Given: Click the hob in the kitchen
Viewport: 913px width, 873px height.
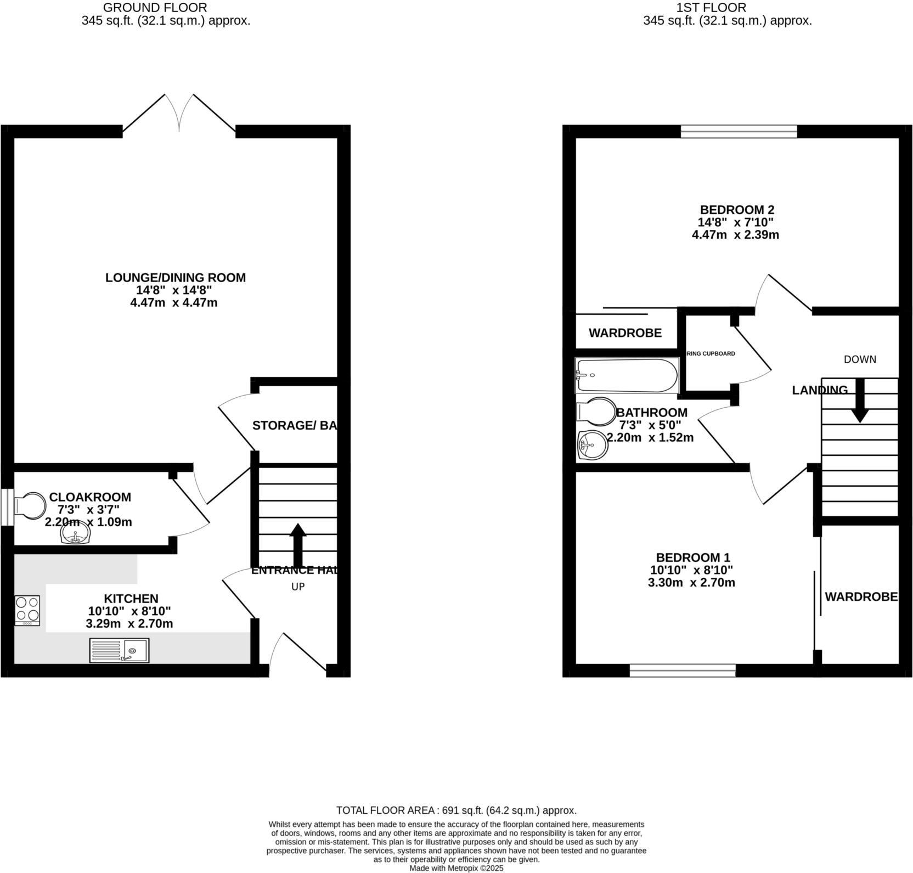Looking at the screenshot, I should pyautogui.click(x=27, y=610).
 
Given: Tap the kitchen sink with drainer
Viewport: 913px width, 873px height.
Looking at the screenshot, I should pyautogui.click(x=119, y=650).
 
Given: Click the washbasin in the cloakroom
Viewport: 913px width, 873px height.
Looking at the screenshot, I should pyautogui.click(x=75, y=534).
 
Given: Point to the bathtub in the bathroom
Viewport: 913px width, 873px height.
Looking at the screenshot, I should pyautogui.click(x=626, y=375).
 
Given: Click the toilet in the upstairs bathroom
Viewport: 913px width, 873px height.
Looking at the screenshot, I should pyautogui.click(x=596, y=412).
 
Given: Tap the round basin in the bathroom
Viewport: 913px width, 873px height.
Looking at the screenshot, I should pyautogui.click(x=593, y=444).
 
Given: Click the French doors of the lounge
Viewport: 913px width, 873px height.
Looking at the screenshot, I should pyautogui.click(x=179, y=114).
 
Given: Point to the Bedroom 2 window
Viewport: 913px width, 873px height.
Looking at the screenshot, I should pyautogui.click(x=739, y=131).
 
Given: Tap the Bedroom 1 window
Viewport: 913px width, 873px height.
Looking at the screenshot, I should pyautogui.click(x=682, y=670).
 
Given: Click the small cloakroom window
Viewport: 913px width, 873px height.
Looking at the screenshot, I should pyautogui.click(x=7, y=507).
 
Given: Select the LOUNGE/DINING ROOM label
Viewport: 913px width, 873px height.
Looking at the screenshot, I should pyautogui.click(x=176, y=278).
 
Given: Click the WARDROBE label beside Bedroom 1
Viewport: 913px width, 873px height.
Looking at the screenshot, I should pyautogui.click(x=860, y=596).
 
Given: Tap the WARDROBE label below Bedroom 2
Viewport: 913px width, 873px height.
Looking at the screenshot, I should pyautogui.click(x=625, y=333).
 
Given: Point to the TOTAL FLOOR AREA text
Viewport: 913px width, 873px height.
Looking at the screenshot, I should pyautogui.click(x=456, y=810).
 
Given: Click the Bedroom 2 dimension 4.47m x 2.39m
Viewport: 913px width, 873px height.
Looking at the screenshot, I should pyautogui.click(x=735, y=235).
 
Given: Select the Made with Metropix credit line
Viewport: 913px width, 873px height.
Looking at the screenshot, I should pyautogui.click(x=456, y=868).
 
